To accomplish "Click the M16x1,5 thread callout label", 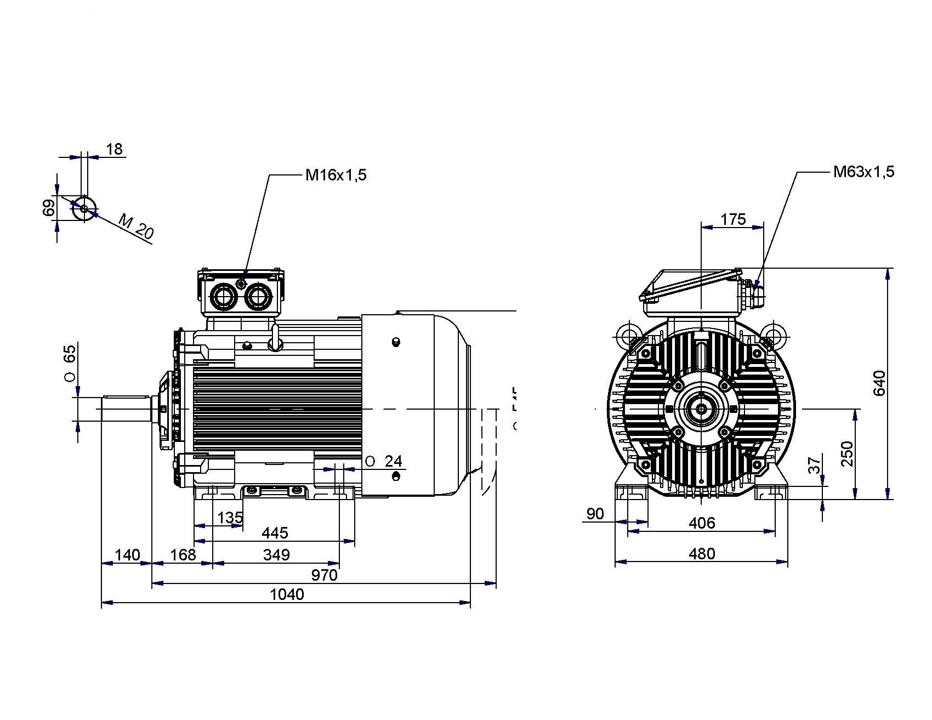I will (x=336, y=175).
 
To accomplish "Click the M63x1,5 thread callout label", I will (x=863, y=172).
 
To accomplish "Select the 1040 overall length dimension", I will (x=287, y=594).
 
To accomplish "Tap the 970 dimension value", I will (x=324, y=575).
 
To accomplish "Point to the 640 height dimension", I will (x=879, y=383).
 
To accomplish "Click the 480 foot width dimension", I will (x=702, y=554).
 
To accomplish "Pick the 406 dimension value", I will (x=702, y=523).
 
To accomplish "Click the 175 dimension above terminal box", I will (x=733, y=219).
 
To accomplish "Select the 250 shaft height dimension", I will (x=848, y=454).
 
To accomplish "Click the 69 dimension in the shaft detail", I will (x=49, y=208).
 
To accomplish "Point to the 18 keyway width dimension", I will (x=115, y=149).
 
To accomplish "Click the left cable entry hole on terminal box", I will (x=224, y=298).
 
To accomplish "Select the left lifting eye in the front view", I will (x=627, y=334).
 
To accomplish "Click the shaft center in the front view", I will (x=701, y=409).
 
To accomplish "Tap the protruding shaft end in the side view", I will (x=126, y=409).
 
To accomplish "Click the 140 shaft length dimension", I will (x=127, y=555).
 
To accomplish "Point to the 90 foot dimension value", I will (x=595, y=514).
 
